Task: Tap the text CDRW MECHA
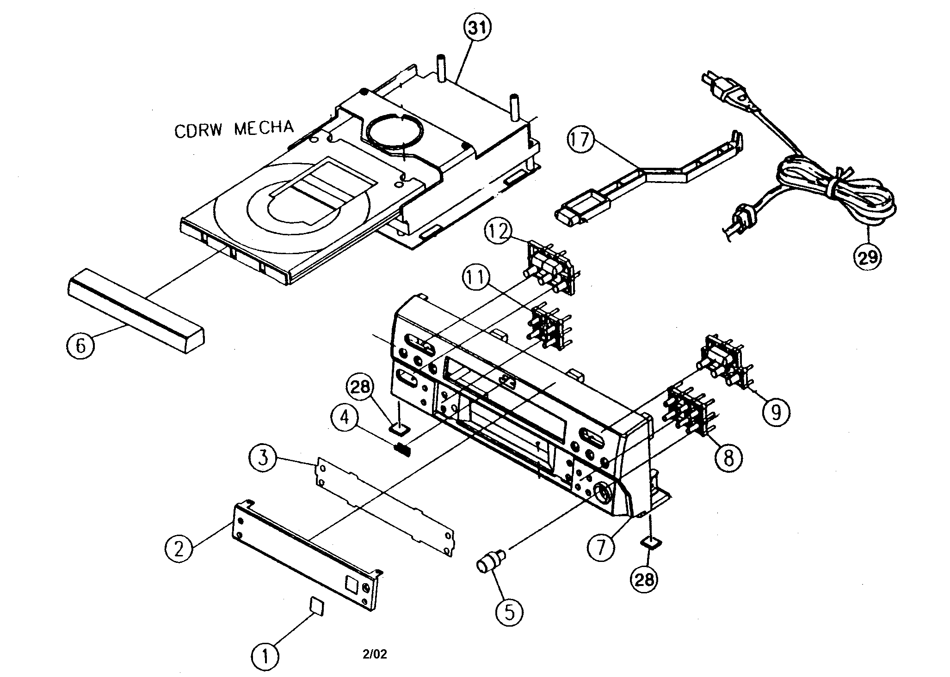[234, 128]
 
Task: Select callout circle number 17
[581, 139]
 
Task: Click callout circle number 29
[868, 256]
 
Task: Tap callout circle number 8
[728, 457]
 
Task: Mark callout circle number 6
[80, 345]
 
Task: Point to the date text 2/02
[375, 654]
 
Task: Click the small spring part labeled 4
[403, 448]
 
